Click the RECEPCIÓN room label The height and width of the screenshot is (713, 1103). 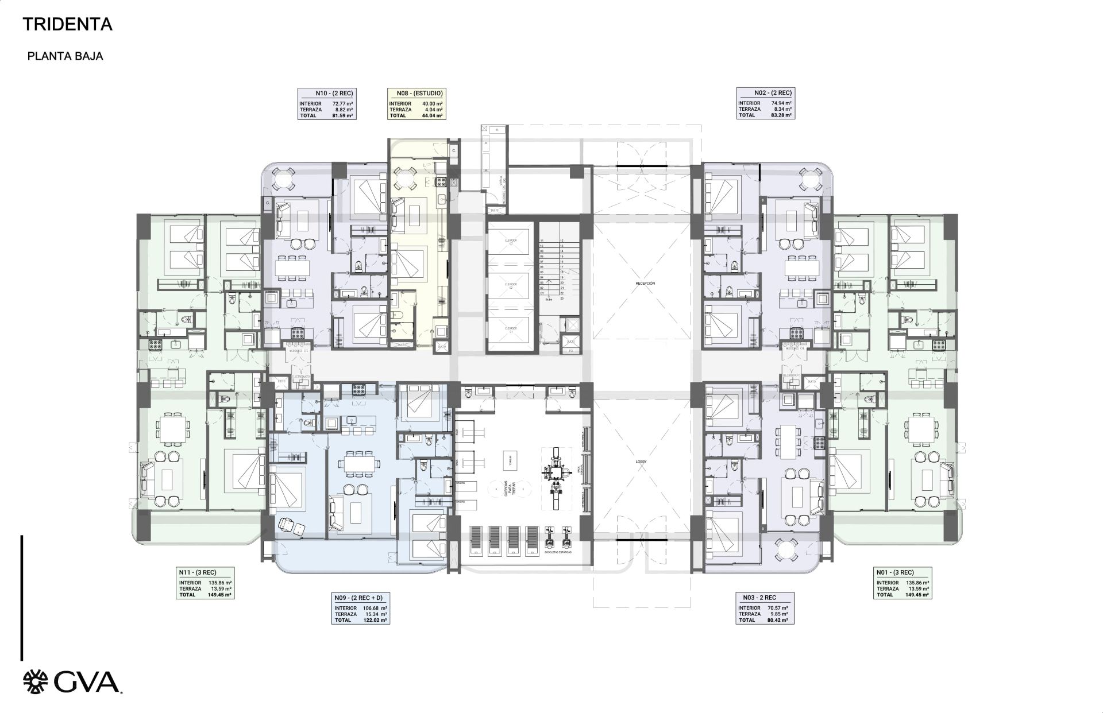tap(645, 284)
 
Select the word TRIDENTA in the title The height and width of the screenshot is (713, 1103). tap(67, 24)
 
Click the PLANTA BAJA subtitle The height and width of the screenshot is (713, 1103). tap(65, 56)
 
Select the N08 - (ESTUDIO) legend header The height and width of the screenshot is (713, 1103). tap(419, 93)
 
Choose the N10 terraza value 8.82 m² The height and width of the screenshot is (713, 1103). tap(342, 110)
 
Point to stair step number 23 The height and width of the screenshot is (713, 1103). tap(561, 299)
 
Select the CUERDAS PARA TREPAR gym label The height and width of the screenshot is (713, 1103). tap(506, 492)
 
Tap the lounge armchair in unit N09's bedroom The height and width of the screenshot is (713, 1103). tap(287, 524)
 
